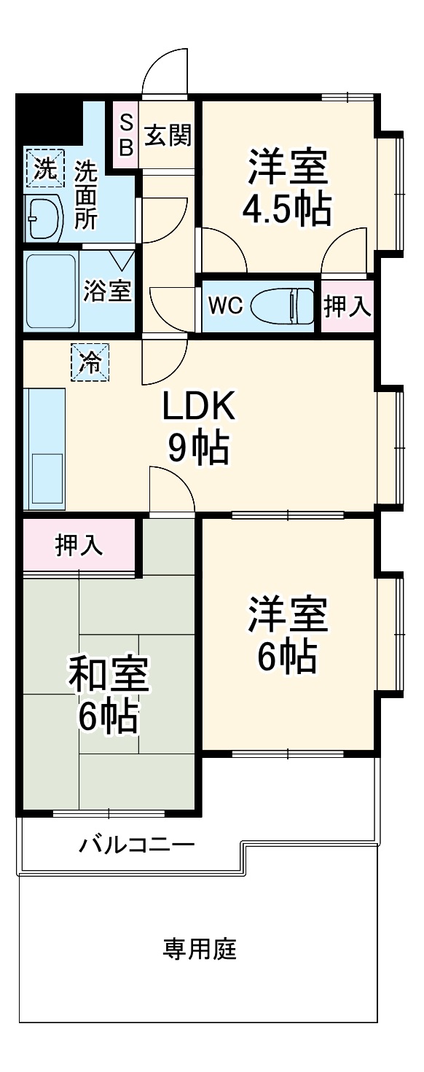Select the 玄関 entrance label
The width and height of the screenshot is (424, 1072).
[x=168, y=136]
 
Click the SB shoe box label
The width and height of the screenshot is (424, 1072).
[x=126, y=135]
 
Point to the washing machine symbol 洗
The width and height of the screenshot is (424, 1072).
[x=45, y=170]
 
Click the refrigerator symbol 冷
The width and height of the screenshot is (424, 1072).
[x=90, y=362]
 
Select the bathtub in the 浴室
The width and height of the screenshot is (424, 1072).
[x=51, y=292]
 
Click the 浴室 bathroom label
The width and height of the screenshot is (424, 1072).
[x=107, y=292]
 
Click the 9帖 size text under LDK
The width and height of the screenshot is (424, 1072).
[x=198, y=449]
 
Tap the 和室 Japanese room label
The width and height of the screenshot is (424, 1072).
[x=109, y=676]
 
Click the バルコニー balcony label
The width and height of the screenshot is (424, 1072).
[x=137, y=845]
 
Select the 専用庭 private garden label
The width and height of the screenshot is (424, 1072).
[x=200, y=950]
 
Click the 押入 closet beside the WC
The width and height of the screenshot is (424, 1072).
[x=348, y=307]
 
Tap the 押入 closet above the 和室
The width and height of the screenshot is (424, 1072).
[x=79, y=545]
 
